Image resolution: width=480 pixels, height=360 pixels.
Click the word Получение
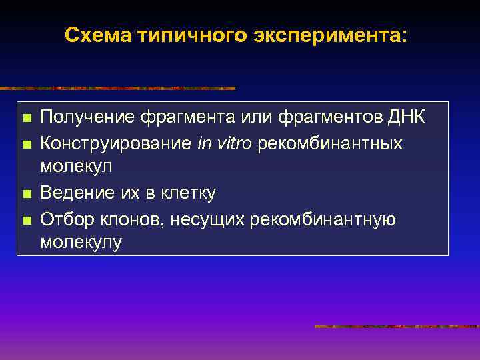87,118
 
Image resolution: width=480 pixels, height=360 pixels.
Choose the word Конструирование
116,143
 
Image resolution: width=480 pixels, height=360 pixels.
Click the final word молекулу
81,243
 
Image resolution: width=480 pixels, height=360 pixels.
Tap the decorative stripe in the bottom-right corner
396,327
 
